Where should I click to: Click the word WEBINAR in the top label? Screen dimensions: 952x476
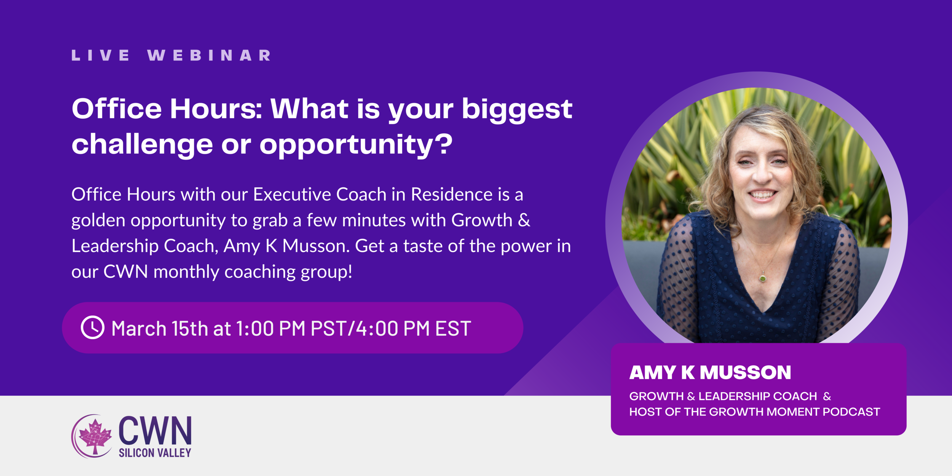tap(209, 56)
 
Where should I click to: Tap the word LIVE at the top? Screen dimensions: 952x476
tap(101, 56)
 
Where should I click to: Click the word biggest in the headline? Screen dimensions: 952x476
tap(517, 110)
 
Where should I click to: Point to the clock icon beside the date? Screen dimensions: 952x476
tap(93, 327)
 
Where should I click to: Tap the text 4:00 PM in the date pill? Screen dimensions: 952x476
tap(393, 328)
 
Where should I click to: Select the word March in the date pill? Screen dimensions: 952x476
tap(139, 328)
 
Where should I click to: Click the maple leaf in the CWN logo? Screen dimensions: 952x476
tap(95, 437)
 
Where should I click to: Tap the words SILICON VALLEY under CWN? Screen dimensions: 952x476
tap(155, 453)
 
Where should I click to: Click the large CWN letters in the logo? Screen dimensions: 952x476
tap(155, 430)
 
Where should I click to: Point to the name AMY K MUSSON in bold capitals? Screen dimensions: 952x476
tap(710, 372)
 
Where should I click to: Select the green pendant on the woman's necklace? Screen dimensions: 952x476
tap(763, 279)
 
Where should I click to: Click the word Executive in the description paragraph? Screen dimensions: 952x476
tap(292, 194)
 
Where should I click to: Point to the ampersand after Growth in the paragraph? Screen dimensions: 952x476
tap(524, 220)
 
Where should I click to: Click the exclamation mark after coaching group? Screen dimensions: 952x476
tap(350, 272)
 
